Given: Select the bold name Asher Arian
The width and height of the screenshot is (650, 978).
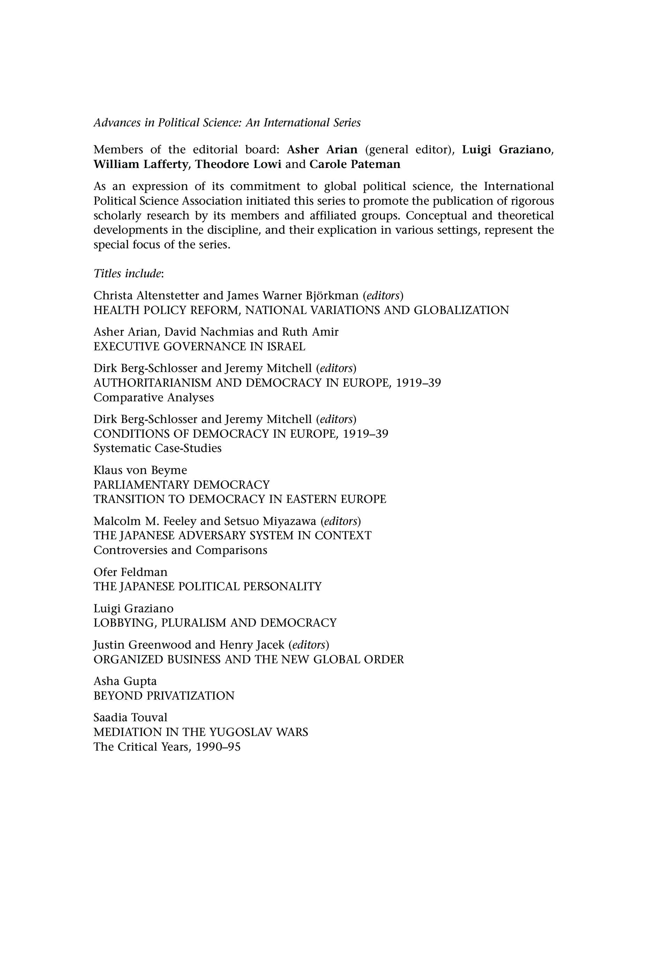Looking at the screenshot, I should (x=322, y=149).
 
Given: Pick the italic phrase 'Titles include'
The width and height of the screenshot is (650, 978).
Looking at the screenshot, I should (x=127, y=273).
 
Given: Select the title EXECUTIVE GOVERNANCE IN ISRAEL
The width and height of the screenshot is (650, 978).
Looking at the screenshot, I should (x=199, y=346).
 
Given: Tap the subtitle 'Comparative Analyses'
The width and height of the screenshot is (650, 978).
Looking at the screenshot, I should (x=154, y=397).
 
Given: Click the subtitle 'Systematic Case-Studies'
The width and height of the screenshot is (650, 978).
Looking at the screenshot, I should (x=157, y=448).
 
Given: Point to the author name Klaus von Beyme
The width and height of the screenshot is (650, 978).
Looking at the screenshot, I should (x=140, y=470).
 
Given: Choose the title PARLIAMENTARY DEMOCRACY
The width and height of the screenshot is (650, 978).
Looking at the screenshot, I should (x=181, y=485).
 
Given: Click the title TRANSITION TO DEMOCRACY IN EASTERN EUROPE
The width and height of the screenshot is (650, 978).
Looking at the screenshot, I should (x=240, y=499).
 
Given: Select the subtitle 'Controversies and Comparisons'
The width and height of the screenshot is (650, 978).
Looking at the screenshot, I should (x=180, y=550).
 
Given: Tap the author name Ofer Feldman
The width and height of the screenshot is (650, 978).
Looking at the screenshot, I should (x=130, y=572).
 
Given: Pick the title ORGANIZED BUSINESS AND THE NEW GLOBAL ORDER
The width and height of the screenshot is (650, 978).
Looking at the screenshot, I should (x=249, y=659).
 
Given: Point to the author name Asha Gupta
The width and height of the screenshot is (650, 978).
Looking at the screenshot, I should (x=125, y=681).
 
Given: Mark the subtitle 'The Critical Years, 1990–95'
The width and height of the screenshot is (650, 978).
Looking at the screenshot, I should (x=167, y=747).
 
